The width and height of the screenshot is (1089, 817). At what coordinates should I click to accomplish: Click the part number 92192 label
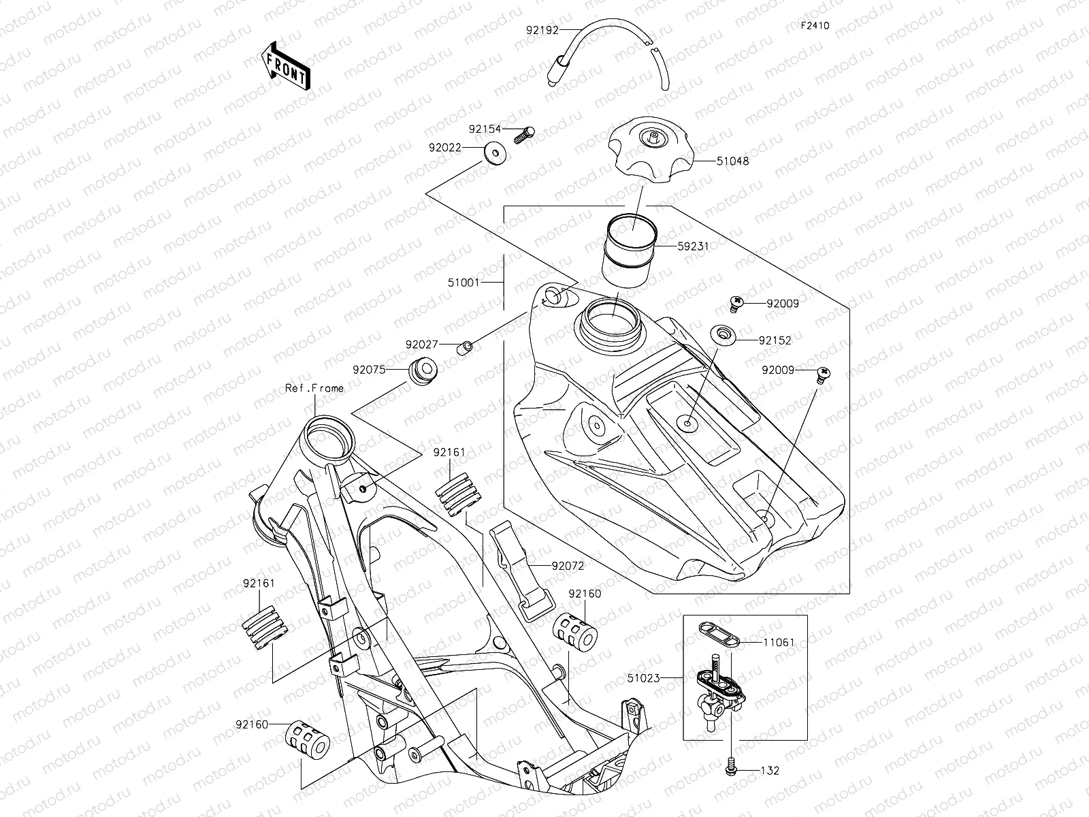click(x=542, y=30)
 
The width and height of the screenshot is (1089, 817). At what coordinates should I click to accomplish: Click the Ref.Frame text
click(x=314, y=388)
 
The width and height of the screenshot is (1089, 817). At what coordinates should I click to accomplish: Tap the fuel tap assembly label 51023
click(x=643, y=677)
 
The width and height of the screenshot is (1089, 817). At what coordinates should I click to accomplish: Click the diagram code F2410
click(x=815, y=26)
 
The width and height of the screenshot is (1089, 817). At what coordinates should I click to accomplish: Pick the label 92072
click(x=568, y=565)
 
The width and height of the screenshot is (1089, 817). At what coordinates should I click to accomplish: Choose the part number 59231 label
click(x=693, y=246)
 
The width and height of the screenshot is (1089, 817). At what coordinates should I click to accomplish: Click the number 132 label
click(x=770, y=771)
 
